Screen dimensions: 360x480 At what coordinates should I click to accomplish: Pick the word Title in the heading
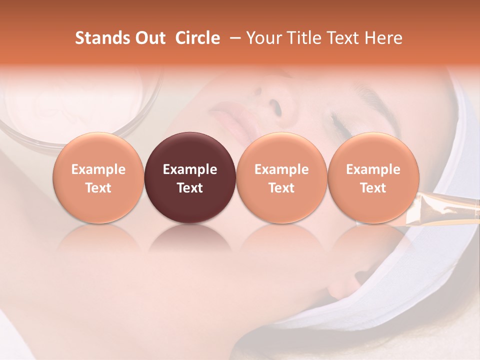[x=305, y=38]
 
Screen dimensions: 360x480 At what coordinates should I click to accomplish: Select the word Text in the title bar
[x=344, y=38]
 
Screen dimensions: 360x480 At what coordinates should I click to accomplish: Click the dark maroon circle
[x=190, y=177]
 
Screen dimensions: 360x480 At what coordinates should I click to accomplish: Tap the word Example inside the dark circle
[x=190, y=169]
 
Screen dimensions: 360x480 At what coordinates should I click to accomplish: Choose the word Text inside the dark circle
[x=190, y=188]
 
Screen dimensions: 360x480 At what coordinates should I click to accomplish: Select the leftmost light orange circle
[x=98, y=177]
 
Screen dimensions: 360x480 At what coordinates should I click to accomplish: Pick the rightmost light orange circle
[x=373, y=177]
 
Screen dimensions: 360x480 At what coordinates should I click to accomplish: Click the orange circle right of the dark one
[x=281, y=177]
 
